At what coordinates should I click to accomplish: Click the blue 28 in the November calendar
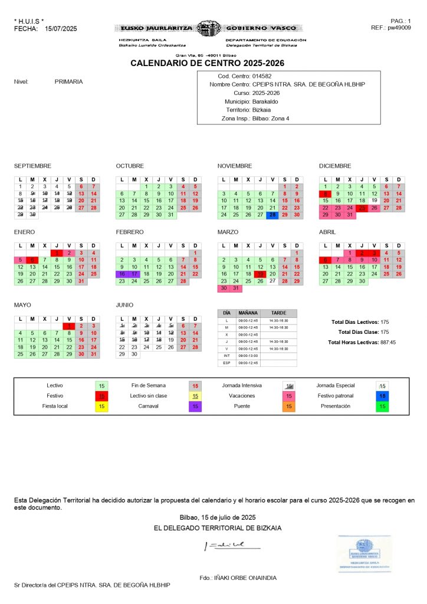pos(272,215)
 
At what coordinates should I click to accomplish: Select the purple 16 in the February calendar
pos(121,274)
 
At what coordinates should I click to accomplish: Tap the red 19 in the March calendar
pos(260,274)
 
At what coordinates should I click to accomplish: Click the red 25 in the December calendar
pos(362,208)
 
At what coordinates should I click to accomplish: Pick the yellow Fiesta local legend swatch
pos(101,406)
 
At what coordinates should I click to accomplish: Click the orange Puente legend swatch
pos(289,406)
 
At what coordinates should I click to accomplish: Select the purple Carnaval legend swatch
pos(195,406)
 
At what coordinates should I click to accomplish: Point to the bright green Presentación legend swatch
pos(383,406)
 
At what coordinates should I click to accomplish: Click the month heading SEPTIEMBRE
pos(32,166)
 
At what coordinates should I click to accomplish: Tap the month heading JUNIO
pos(125,305)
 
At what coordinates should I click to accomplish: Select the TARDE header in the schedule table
pos(278,313)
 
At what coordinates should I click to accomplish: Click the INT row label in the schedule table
pos(226,356)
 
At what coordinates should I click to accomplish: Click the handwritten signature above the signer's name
pos(227,545)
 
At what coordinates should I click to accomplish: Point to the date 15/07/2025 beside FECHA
pos(61,28)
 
